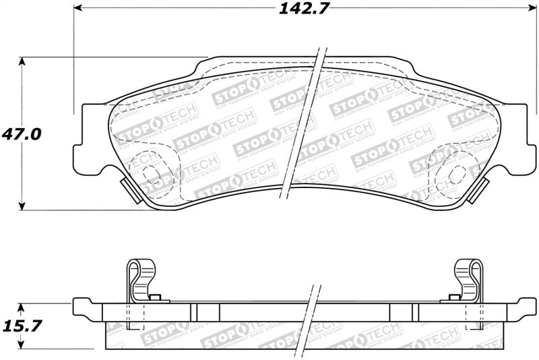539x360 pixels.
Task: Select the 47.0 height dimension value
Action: pyautogui.click(x=22, y=133)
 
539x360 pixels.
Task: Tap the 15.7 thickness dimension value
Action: pyautogui.click(x=22, y=326)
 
